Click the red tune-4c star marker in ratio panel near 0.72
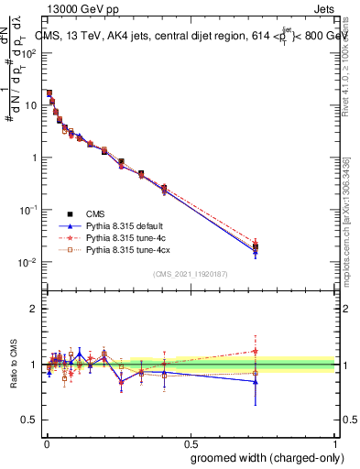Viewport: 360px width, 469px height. (256, 351)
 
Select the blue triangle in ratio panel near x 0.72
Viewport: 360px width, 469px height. (256, 381)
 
